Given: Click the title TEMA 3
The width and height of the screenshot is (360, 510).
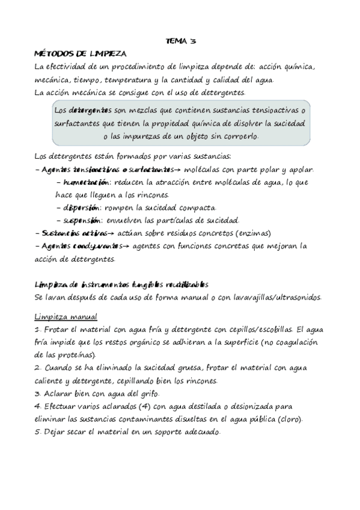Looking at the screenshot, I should pyautogui.click(x=180, y=41).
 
